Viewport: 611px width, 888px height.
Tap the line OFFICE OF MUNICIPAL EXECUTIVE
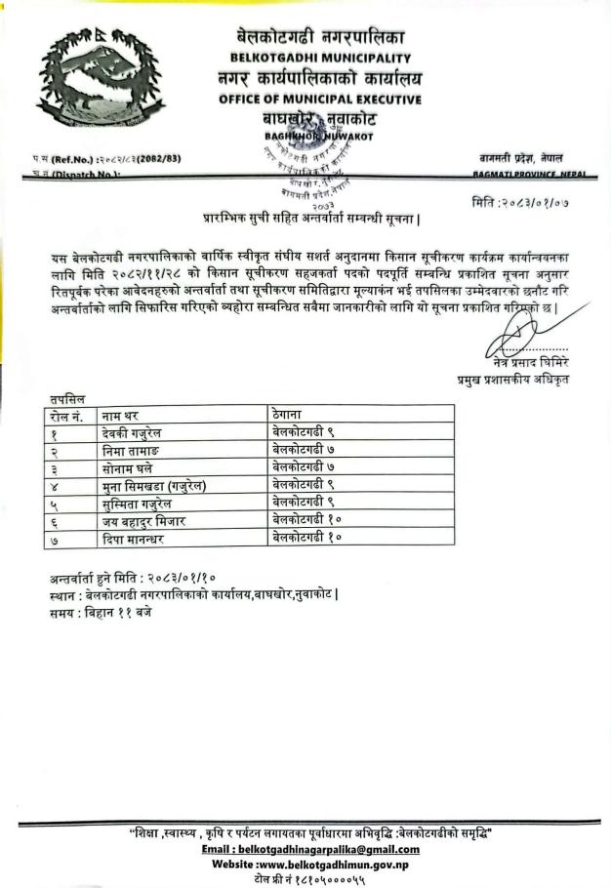coord(320,99)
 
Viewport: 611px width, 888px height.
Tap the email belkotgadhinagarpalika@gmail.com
coord(311,849)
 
